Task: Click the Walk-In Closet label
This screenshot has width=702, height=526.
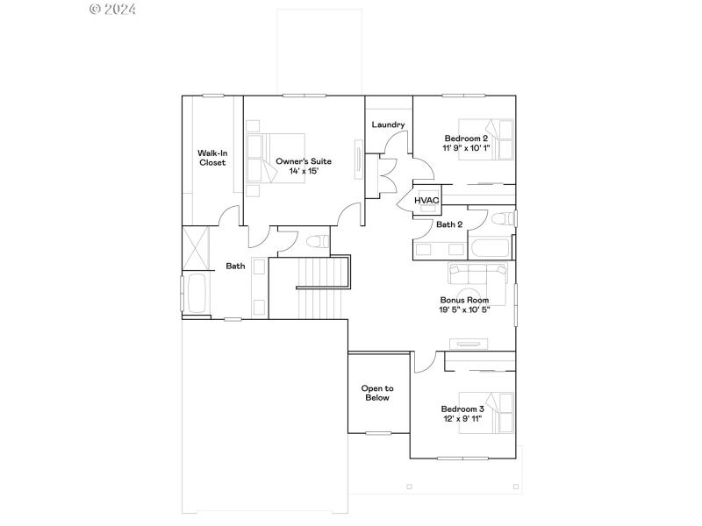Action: pyautogui.click(x=211, y=158)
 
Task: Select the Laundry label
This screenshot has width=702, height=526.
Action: pyautogui.click(x=388, y=124)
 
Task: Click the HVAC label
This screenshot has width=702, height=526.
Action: pyautogui.click(x=426, y=201)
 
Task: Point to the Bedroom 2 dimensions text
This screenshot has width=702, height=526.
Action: pyautogui.click(x=466, y=147)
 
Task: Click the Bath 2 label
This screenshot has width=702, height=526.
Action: pyautogui.click(x=449, y=224)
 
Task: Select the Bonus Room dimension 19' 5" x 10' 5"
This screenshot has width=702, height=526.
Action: pyautogui.click(x=464, y=309)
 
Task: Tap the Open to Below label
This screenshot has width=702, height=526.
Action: pyautogui.click(x=377, y=393)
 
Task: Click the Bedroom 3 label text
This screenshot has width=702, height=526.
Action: pyautogui.click(x=462, y=409)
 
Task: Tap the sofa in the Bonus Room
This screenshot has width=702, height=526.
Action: pyautogui.click(x=478, y=274)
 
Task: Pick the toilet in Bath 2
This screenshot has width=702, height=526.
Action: pyautogui.click(x=503, y=218)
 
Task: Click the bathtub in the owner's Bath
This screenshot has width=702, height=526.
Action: pyautogui.click(x=196, y=293)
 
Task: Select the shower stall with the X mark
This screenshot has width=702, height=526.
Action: pyautogui.click(x=197, y=249)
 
